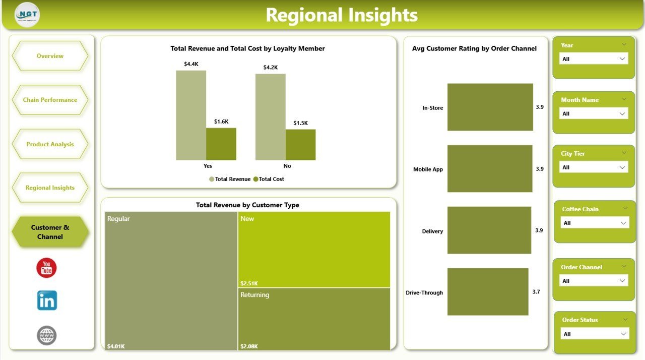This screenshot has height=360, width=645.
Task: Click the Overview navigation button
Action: pyautogui.click(x=50, y=56)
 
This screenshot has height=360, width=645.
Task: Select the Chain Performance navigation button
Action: pyautogui.click(x=50, y=100)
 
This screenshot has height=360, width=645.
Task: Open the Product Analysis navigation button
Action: pyautogui.click(x=50, y=144)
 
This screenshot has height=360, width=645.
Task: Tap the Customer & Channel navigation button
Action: pyautogui.click(x=50, y=232)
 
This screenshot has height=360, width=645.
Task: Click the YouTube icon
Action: pyautogui.click(x=46, y=268)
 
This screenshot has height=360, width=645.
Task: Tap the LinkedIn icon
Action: pyautogui.click(x=47, y=301)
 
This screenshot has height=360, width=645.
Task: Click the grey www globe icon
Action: pyautogui.click(x=47, y=335)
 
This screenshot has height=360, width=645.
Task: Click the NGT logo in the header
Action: pyautogui.click(x=27, y=15)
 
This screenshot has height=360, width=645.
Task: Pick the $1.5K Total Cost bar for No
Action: pyautogui.click(x=300, y=145)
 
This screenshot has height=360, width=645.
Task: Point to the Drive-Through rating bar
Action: pyautogui.click(x=487, y=291)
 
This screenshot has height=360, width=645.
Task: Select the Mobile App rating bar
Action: pyautogui.click(x=489, y=168)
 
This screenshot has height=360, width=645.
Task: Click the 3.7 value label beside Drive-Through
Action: pyautogui.click(x=536, y=291)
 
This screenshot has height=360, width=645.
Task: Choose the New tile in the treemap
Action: pyautogui.click(x=314, y=250)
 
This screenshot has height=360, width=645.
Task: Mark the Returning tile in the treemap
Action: pyautogui.click(x=314, y=319)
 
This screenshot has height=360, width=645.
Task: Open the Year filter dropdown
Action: pyautogui.click(x=594, y=59)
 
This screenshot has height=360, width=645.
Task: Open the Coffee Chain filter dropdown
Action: pyautogui.click(x=595, y=223)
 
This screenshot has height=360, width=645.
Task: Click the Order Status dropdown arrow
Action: pyautogui.click(x=623, y=334)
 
